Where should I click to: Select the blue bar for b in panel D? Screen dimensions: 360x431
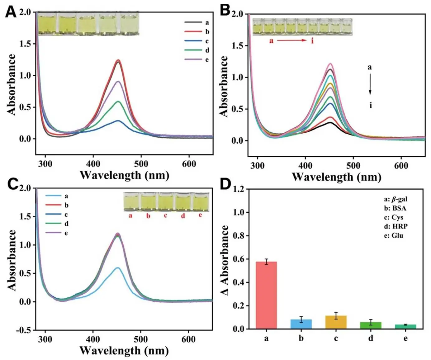301,324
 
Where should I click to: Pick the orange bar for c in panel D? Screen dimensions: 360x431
336,322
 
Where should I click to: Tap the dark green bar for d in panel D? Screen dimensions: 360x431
371,325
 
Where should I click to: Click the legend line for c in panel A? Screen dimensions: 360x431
193,41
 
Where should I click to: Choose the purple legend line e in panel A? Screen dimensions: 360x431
193,59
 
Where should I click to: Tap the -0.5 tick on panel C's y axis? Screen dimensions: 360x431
24,330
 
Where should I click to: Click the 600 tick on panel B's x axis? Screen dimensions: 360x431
401,166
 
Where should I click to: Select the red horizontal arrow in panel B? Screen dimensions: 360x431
291,41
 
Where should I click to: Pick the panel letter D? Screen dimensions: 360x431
225,184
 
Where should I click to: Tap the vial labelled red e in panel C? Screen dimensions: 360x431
201,201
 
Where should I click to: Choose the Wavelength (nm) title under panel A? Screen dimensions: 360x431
124,175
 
